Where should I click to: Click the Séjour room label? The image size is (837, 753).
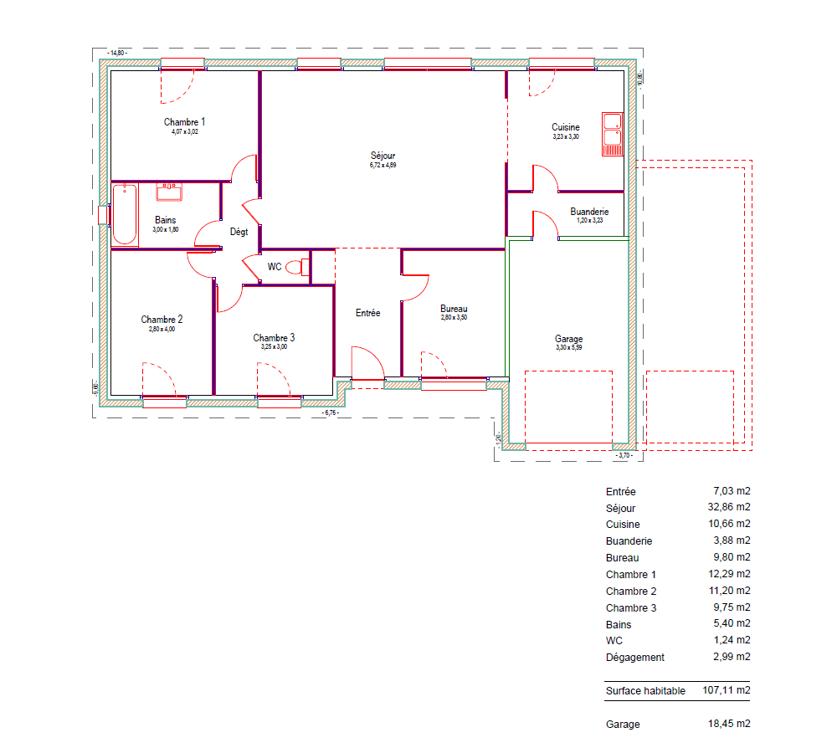[x=383, y=156]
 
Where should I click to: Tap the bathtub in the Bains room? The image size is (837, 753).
[x=125, y=214]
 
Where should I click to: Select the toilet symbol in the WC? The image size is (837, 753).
[x=297, y=267]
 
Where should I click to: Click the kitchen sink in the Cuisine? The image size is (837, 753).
[x=613, y=134]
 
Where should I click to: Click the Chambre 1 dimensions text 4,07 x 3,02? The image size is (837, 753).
[x=185, y=132]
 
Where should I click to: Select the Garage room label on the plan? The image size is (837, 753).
[x=568, y=339]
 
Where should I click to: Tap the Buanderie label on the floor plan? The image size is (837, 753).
[x=589, y=212]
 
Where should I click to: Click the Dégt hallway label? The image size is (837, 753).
[x=239, y=232]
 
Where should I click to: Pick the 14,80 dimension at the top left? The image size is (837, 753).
[x=117, y=53]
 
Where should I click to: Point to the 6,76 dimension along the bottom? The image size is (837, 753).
[x=331, y=412]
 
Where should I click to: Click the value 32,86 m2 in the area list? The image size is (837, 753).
[x=729, y=507]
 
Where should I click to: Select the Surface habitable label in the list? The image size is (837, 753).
[x=645, y=690]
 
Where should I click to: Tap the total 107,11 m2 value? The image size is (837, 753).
[x=726, y=690]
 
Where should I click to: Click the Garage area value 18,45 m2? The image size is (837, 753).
[x=729, y=724]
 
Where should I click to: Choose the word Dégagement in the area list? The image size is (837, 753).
[x=635, y=658]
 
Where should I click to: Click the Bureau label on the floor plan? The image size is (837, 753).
[x=454, y=309]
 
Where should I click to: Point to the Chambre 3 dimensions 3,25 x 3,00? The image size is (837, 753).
[x=274, y=347]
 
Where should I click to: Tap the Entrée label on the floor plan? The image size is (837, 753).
[x=367, y=313]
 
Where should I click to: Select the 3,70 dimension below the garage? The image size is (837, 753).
[x=624, y=455]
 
